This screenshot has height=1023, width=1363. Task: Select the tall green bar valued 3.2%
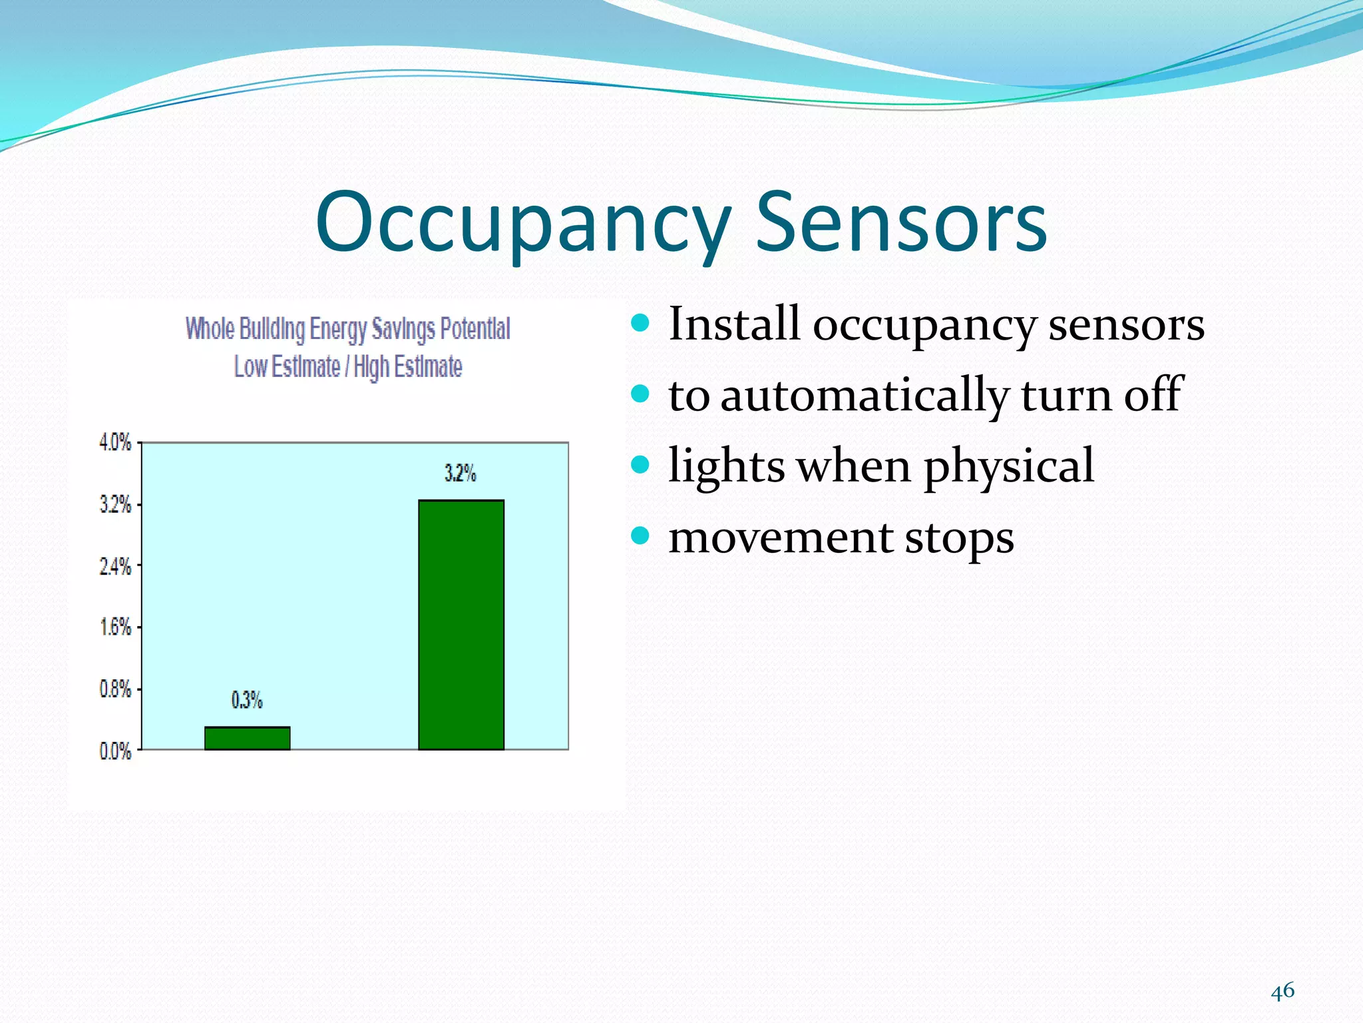[x=461, y=625]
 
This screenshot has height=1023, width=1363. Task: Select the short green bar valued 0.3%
[x=247, y=738]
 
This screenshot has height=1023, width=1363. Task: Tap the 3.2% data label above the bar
[x=461, y=474]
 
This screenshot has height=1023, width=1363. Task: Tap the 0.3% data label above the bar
[x=247, y=700]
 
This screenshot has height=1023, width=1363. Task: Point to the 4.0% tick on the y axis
[x=116, y=442]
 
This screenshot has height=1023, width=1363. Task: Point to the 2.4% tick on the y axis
[x=116, y=567]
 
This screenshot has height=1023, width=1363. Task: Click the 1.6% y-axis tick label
[x=116, y=627]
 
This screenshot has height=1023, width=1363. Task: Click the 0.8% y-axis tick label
[x=116, y=689]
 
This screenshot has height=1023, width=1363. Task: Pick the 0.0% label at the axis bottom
[x=116, y=751]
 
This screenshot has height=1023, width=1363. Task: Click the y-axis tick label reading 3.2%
[x=116, y=504]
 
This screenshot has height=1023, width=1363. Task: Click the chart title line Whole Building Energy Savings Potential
[x=347, y=329]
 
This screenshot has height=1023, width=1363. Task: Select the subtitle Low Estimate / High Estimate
[x=347, y=366]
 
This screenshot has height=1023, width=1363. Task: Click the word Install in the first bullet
[x=733, y=324]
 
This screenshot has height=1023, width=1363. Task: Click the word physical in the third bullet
[x=1008, y=466]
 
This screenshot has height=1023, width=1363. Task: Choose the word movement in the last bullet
[x=780, y=537]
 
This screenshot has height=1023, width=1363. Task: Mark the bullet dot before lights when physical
[x=640, y=464]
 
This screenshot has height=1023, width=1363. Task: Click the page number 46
[x=1282, y=991]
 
